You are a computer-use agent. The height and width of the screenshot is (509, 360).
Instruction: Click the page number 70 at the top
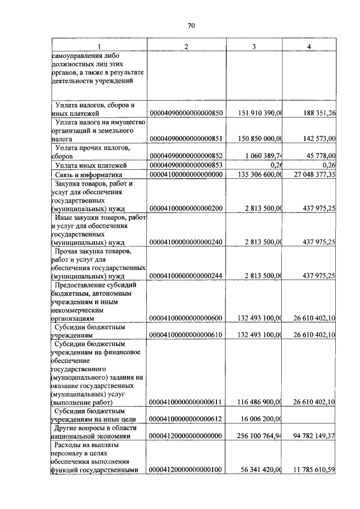tap(191, 25)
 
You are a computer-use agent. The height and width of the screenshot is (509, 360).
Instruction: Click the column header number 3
tap(254, 46)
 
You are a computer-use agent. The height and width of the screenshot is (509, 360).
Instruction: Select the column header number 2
tap(186, 46)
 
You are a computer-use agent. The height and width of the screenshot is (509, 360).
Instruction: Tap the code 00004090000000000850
tap(186, 113)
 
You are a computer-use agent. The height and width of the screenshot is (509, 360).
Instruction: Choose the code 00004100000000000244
tap(186, 276)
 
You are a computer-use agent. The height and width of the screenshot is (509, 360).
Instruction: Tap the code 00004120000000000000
tap(186, 436)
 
